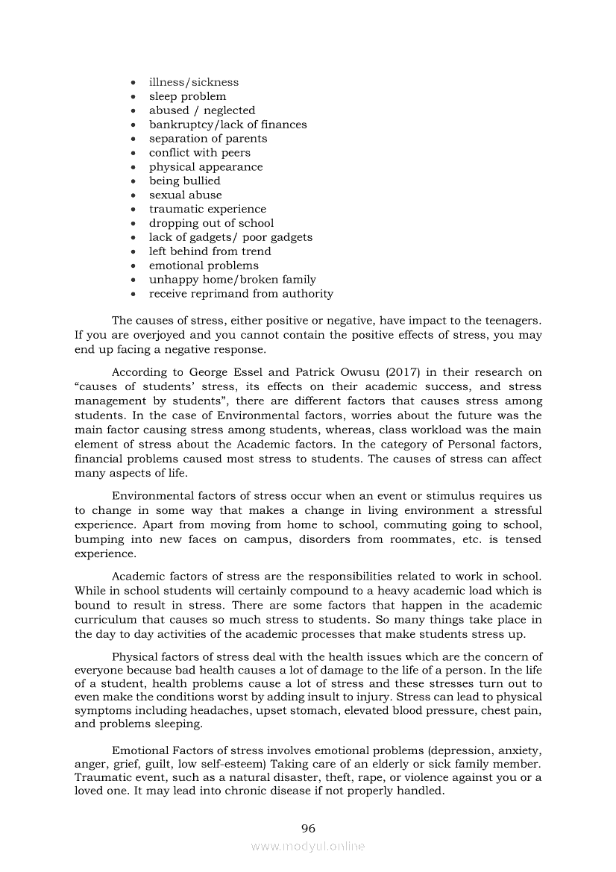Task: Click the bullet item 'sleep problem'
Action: tap(187, 96)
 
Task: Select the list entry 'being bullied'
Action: tap(184, 181)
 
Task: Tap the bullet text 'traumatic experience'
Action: tap(207, 209)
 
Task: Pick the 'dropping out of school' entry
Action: tap(211, 223)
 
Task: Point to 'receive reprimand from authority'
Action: tap(241, 293)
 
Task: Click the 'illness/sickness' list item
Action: tap(194, 82)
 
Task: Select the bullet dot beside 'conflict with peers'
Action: tap(133, 153)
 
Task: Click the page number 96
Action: tap(308, 828)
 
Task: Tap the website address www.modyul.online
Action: tap(308, 846)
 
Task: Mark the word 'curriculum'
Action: tap(106, 620)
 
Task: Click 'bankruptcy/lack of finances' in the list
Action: tap(227, 125)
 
